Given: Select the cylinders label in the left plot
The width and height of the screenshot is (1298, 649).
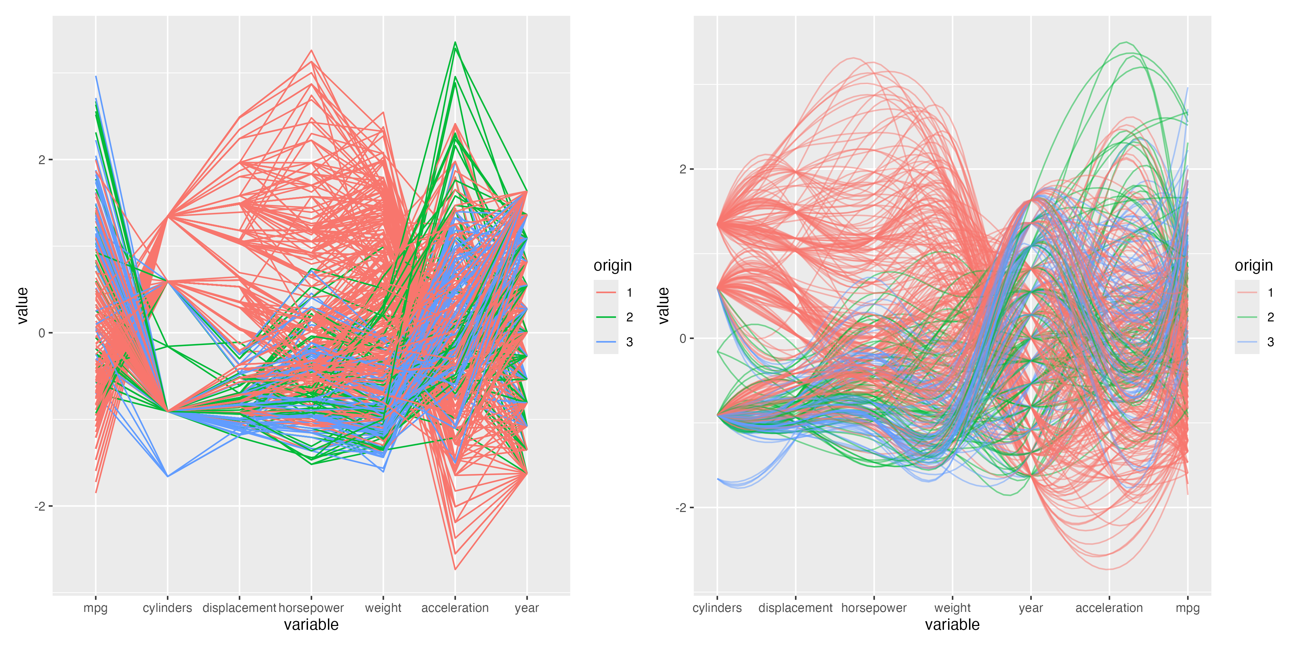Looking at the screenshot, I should coord(167,608).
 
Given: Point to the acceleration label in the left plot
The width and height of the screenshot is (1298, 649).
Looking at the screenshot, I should coord(455,608).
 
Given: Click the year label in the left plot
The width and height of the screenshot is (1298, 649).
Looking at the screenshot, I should coord(526,608).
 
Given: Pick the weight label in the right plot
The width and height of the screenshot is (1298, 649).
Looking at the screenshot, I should coord(952,608).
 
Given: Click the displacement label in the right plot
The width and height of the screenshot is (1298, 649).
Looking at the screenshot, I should coord(795,608).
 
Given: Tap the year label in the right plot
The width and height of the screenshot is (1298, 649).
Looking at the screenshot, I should coord(1031,608).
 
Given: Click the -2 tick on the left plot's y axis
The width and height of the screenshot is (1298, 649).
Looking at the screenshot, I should coord(40,506).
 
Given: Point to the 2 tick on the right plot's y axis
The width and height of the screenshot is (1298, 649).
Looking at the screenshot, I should coord(683,169).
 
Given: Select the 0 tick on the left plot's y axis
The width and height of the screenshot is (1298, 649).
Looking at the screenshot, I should coord(42,333).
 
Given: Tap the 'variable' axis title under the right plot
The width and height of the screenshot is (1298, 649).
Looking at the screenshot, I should coord(952,625).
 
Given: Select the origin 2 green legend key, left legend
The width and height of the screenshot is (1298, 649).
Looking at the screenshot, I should coord(606,317).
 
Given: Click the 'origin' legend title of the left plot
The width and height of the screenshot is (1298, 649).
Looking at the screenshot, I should coord(612,265).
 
